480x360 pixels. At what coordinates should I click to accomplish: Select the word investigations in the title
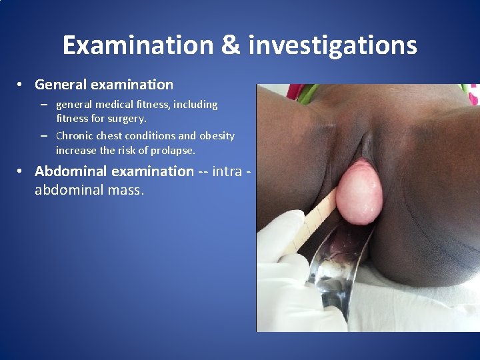333,45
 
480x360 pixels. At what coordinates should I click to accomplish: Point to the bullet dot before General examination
21,85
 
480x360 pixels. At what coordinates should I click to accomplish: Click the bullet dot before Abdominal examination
21,171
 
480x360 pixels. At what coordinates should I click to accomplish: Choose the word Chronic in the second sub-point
75,136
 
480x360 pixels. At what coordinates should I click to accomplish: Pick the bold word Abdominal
71,171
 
